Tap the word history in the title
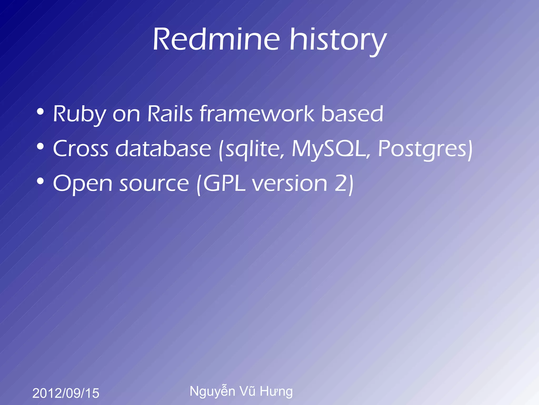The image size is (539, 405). pyautogui.click(x=338, y=41)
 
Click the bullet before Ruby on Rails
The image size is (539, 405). pyautogui.click(x=40, y=112)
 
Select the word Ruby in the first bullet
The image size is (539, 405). pyautogui.click(x=79, y=115)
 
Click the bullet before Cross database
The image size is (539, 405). pyautogui.click(x=40, y=146)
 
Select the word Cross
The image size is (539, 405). pyautogui.click(x=81, y=148)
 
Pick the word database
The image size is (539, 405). pyautogui.click(x=163, y=148)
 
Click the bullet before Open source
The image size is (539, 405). pyautogui.click(x=40, y=181)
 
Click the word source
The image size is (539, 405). pyautogui.click(x=154, y=184)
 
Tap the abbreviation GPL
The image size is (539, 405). pyautogui.click(x=224, y=183)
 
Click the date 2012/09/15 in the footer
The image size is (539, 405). pyautogui.click(x=66, y=393)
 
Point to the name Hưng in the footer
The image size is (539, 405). pyautogui.click(x=276, y=392)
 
